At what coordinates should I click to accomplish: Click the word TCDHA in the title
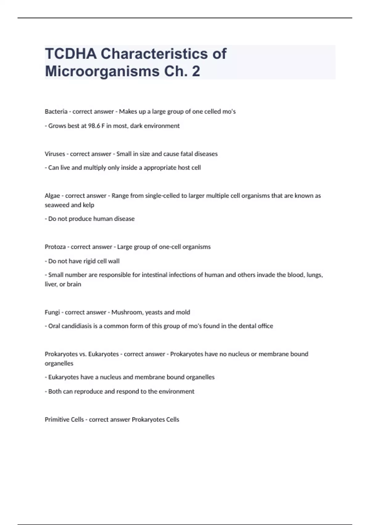pyautogui.click(x=71, y=54)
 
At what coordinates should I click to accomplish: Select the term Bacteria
pyautogui.click(x=56, y=111)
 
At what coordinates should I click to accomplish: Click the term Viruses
pyautogui.click(x=55, y=154)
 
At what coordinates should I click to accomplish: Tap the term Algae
pyautogui.click(x=52, y=195)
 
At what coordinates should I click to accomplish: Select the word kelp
pyautogui.click(x=88, y=205)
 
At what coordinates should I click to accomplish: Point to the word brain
pyautogui.click(x=74, y=284)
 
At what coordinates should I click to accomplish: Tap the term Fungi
pyautogui.click(x=52, y=312)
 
